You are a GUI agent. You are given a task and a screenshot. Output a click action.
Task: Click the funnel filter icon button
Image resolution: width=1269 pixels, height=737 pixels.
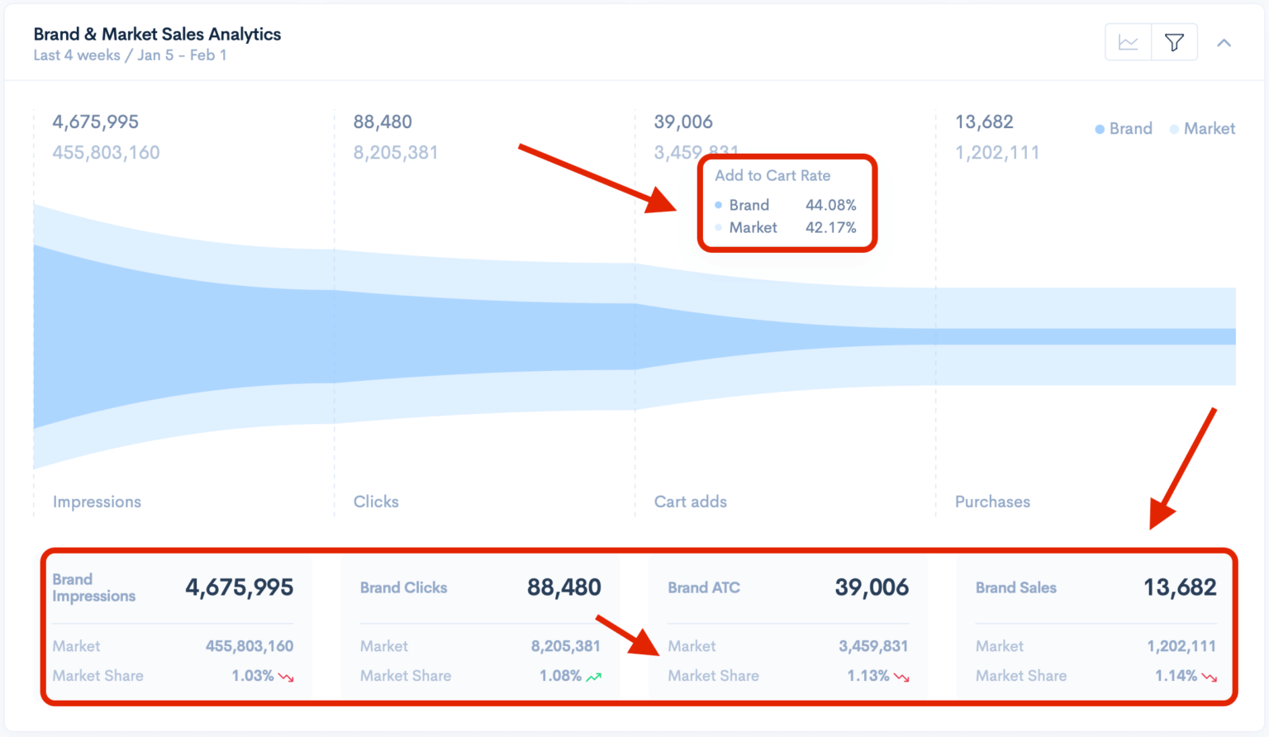click(1174, 42)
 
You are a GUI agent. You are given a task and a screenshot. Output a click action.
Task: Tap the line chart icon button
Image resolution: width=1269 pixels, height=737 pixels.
click(1128, 42)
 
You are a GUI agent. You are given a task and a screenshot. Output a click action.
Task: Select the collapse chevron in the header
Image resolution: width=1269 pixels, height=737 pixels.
click(1224, 43)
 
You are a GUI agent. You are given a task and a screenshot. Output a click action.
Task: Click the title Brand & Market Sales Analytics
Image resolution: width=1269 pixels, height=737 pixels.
click(157, 34)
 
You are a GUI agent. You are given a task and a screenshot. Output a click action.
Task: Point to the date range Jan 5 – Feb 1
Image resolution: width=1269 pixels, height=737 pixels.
click(182, 55)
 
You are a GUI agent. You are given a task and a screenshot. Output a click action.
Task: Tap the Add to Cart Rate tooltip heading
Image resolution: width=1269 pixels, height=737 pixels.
click(772, 175)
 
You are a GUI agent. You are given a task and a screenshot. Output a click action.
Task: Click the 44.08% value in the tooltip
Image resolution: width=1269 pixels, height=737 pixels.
click(830, 205)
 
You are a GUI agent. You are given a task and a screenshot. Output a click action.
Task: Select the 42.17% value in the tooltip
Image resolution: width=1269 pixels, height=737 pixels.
click(830, 227)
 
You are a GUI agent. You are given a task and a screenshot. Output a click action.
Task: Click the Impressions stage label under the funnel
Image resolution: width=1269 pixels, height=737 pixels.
click(97, 502)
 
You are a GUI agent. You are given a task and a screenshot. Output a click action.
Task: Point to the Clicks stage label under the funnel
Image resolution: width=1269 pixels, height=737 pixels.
click(376, 502)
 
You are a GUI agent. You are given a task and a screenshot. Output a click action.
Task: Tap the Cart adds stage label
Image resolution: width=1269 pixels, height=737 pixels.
click(691, 502)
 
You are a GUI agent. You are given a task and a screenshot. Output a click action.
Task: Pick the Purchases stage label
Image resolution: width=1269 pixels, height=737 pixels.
click(992, 502)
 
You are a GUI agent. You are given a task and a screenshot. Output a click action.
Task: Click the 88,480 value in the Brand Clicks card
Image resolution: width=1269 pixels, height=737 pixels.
click(564, 587)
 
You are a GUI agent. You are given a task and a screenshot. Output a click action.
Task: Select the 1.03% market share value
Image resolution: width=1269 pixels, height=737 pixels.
click(252, 676)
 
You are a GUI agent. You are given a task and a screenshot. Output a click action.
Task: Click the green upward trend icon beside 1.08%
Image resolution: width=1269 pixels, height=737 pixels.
click(594, 677)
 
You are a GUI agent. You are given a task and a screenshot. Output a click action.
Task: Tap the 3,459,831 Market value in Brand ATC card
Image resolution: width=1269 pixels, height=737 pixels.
click(873, 646)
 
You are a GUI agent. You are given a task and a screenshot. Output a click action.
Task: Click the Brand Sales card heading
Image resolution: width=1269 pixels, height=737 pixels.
click(1015, 587)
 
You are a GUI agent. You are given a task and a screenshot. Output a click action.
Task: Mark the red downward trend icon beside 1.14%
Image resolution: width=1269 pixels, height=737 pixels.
click(1210, 677)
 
